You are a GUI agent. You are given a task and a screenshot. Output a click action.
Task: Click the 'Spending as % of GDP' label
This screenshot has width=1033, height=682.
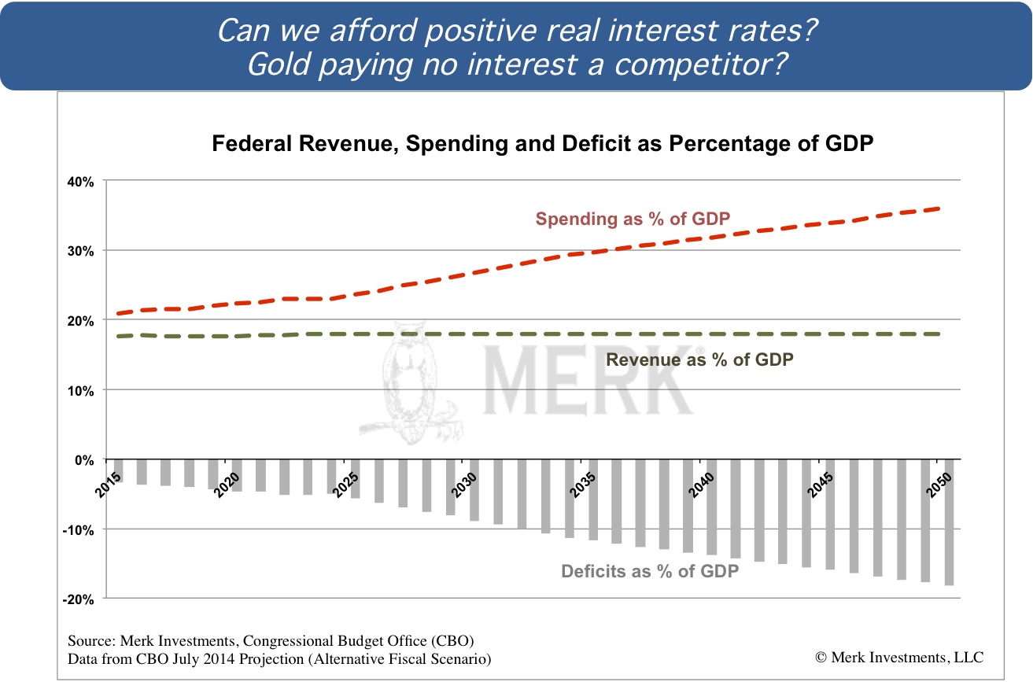629,219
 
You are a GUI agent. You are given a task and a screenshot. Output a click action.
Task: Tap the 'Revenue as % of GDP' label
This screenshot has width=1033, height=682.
699,359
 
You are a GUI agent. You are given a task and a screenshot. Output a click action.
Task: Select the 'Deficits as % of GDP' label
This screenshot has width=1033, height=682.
650,572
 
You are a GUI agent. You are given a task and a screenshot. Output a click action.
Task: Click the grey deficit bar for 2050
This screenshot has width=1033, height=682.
949,522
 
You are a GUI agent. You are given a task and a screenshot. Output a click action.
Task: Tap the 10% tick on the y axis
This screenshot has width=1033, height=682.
83,390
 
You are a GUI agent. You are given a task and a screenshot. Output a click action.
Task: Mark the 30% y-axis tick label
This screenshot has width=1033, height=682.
83,251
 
